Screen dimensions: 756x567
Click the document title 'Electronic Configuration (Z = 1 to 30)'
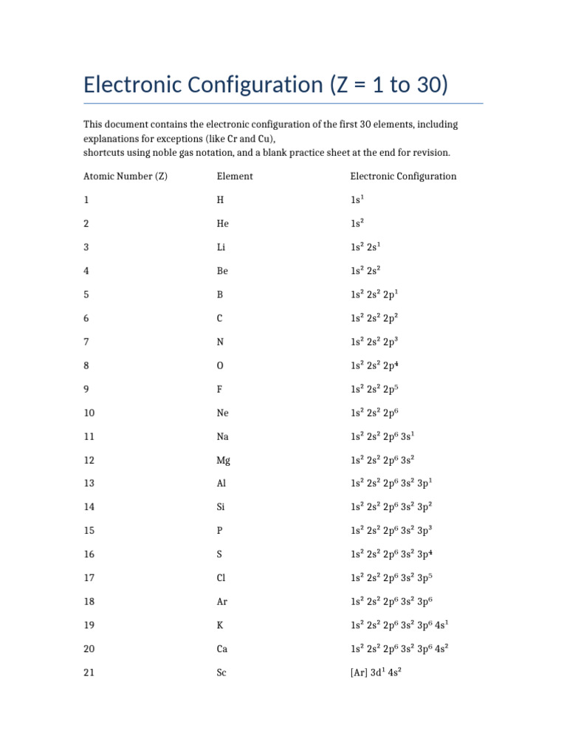(x=266, y=85)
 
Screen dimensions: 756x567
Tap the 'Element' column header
(x=235, y=176)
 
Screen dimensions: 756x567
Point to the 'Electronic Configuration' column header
(x=403, y=176)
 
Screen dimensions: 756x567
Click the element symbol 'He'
(x=222, y=224)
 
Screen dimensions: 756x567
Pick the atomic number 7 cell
(x=86, y=342)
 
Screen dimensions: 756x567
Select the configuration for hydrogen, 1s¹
(x=358, y=200)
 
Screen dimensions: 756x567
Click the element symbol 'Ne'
(x=223, y=413)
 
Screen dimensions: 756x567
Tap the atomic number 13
(x=89, y=484)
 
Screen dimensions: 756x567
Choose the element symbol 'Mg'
(x=224, y=460)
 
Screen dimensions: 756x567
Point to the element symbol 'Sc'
(x=221, y=673)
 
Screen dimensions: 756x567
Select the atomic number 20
(x=89, y=649)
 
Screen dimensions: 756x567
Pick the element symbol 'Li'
(x=221, y=247)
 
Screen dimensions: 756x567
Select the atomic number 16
(x=89, y=554)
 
